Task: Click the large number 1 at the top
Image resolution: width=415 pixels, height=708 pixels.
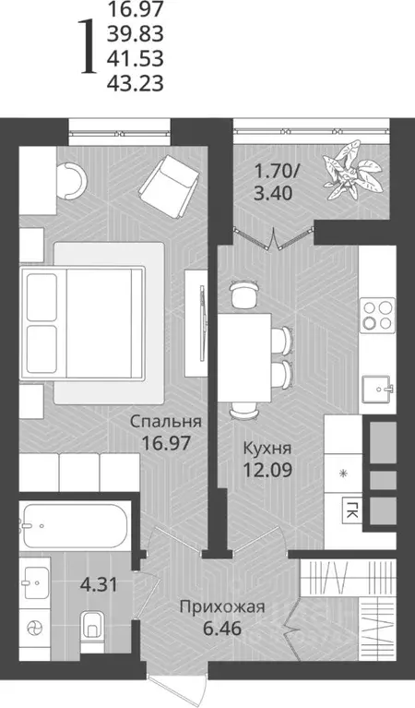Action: pyautogui.click(x=88, y=48)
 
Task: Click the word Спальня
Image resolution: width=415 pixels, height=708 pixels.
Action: pyautogui.click(x=166, y=422)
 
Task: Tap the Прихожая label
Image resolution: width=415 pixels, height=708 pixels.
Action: pyautogui.click(x=222, y=606)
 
